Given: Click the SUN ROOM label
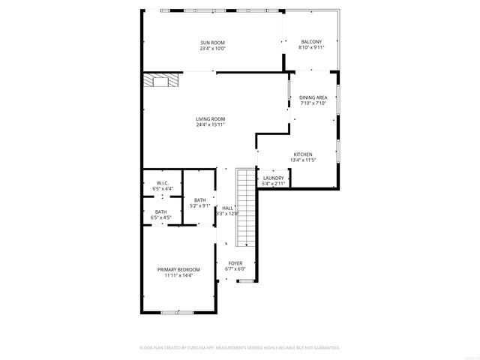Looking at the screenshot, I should click(x=212, y=42).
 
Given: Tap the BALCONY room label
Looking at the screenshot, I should click(x=311, y=41).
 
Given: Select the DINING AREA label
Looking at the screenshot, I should click(x=313, y=97).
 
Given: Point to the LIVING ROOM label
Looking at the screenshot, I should click(x=211, y=118).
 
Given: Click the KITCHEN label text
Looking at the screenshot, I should click(x=302, y=154).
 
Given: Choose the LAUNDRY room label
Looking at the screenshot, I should click(x=273, y=178).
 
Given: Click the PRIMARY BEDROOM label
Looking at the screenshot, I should click(x=178, y=269).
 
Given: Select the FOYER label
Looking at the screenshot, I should click(x=235, y=263).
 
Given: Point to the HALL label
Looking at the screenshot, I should click(x=227, y=208).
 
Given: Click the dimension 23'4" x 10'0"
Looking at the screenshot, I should click(x=212, y=49).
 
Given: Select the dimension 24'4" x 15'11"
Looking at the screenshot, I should click(x=211, y=124).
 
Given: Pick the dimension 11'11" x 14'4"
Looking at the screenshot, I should click(x=178, y=275).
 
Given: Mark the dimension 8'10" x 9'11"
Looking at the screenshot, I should click(x=311, y=48).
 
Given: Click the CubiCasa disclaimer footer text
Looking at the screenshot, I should click(x=240, y=348).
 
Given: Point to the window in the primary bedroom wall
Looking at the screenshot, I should click(x=171, y=312).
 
